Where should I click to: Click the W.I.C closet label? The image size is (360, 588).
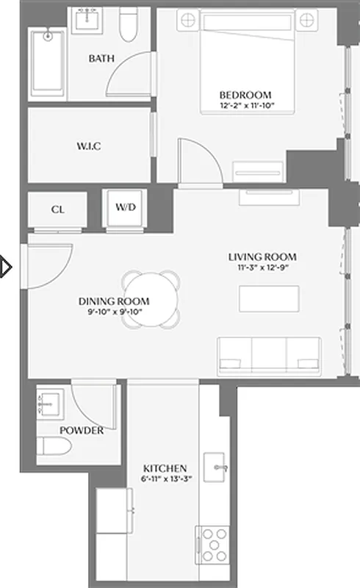point(88,146)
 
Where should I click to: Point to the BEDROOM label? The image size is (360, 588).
point(245,95)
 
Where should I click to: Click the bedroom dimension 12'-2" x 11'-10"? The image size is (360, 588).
point(245,105)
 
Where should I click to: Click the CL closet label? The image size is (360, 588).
point(57,209)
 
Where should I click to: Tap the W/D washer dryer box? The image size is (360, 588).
point(126,207)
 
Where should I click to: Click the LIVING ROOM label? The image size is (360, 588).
point(262,257)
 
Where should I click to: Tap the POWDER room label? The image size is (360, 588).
point(82,430)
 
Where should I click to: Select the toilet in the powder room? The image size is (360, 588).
point(53,446)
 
